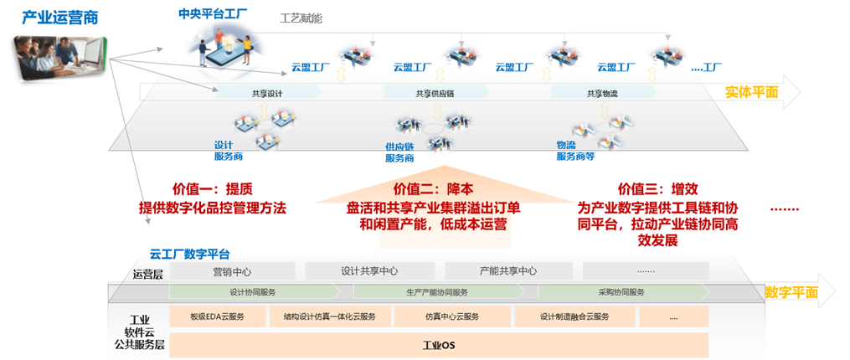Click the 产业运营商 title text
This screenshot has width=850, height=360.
54,18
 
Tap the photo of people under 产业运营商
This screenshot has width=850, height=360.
59,59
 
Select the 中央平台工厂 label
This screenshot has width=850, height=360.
213,14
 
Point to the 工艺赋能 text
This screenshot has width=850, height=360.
301,18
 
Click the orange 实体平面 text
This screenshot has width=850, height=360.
751,93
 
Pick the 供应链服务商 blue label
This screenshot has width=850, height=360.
399,152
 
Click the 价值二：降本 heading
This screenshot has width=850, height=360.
433,189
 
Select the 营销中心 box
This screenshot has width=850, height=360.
232,271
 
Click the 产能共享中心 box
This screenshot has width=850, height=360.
508,271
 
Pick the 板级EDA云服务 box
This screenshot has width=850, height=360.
217,316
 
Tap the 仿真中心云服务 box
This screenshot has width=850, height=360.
451,316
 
